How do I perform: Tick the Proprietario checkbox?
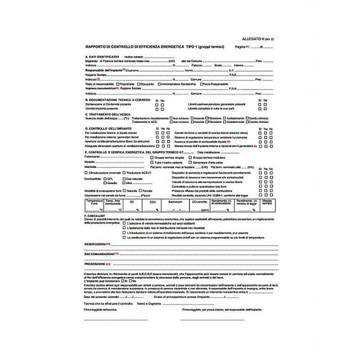(118, 84)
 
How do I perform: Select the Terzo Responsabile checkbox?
(199, 84)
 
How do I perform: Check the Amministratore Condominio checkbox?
(159, 84)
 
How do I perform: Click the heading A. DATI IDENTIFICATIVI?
(102, 57)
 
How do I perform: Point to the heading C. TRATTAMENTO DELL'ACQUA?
(106, 114)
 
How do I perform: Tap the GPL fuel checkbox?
(104, 179)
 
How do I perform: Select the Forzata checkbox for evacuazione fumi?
(140, 191)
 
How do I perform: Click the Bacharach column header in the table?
(173, 202)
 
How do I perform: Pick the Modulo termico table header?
(267, 202)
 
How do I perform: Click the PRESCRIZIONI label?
(94, 264)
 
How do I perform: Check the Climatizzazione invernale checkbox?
(86, 172)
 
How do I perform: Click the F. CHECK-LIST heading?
(94, 216)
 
